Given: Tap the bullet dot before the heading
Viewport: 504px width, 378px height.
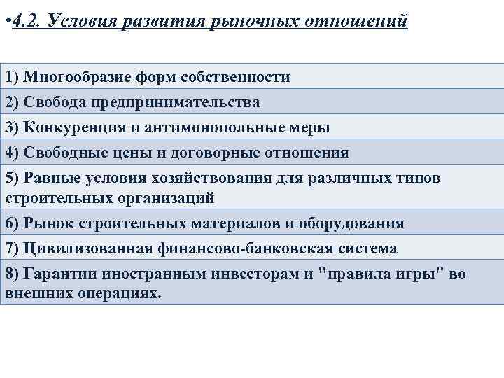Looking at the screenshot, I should [6, 20].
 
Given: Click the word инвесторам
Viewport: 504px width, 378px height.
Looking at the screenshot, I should [248, 274].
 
